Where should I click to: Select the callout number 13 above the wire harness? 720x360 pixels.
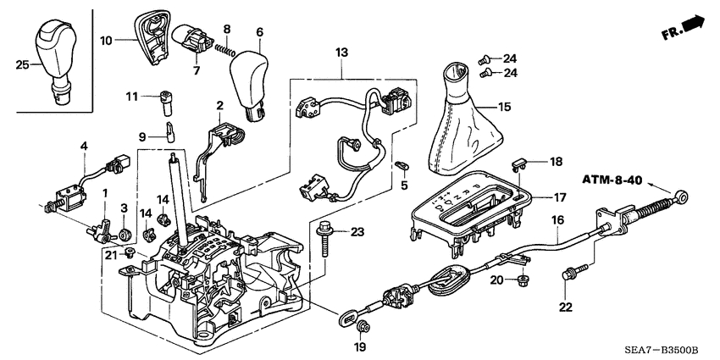[x=341, y=53]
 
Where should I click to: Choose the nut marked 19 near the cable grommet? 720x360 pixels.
[x=363, y=326]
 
